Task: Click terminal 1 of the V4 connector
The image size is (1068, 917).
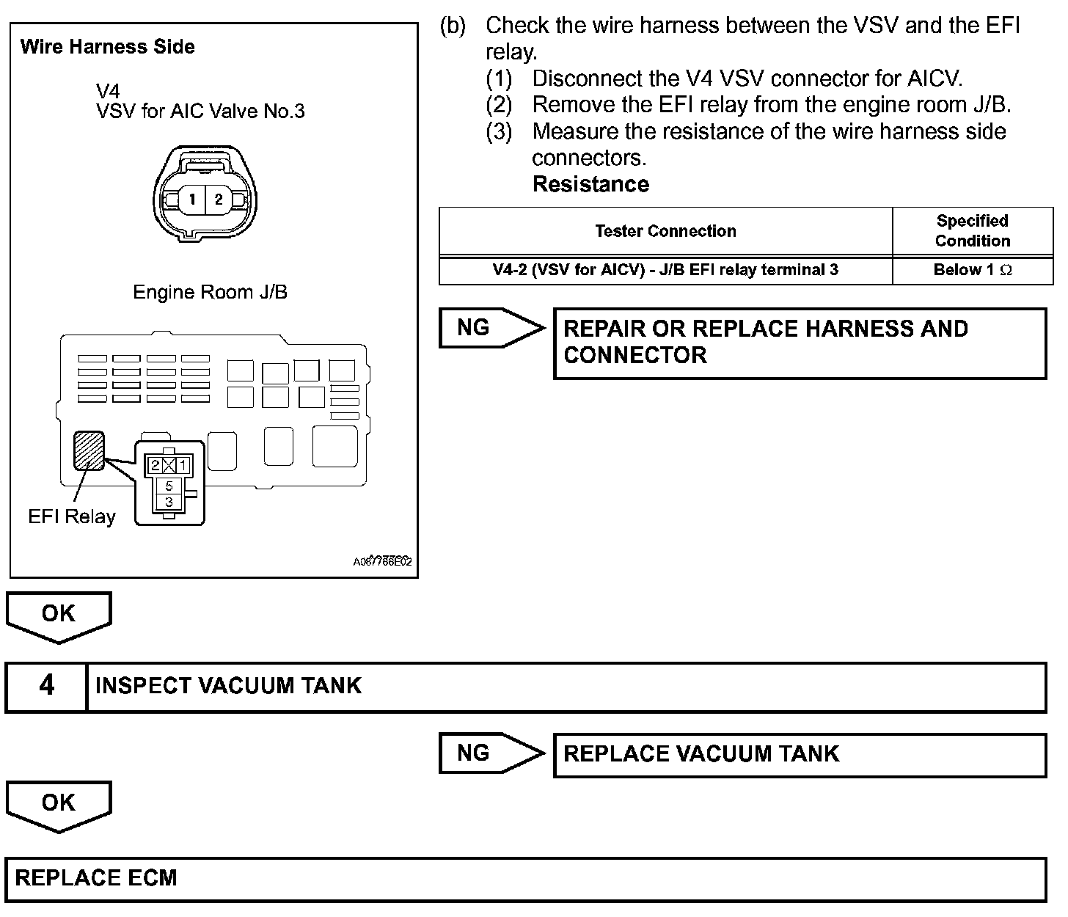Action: [x=191, y=199]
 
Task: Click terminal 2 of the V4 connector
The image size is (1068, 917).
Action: [x=218, y=199]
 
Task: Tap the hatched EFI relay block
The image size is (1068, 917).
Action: [x=89, y=450]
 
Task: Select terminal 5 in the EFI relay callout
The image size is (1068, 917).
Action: [x=169, y=486]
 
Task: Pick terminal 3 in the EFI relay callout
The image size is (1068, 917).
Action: [x=169, y=503]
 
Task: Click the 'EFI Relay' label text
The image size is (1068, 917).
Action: [x=72, y=517]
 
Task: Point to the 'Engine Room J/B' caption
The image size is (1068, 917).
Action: [x=210, y=293]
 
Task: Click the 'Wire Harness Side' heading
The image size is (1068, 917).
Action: [x=108, y=47]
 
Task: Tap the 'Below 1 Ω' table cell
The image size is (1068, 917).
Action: [x=972, y=270]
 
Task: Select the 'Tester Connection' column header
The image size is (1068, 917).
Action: [x=665, y=231]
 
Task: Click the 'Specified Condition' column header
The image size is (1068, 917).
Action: [x=972, y=231]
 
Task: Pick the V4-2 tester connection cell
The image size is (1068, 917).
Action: [x=665, y=270]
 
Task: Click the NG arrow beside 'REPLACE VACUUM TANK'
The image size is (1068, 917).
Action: [x=490, y=753]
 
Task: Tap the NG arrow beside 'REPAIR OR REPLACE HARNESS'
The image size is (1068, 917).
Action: [x=490, y=328]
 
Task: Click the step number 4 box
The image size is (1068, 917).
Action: [x=46, y=686]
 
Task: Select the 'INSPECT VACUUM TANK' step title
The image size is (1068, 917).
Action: [x=228, y=686]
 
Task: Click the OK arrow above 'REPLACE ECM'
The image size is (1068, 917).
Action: [x=59, y=805]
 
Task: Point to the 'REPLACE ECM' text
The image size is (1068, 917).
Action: [x=96, y=878]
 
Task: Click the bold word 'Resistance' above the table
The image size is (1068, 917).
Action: [x=590, y=184]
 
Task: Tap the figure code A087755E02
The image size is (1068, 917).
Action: [x=382, y=562]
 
